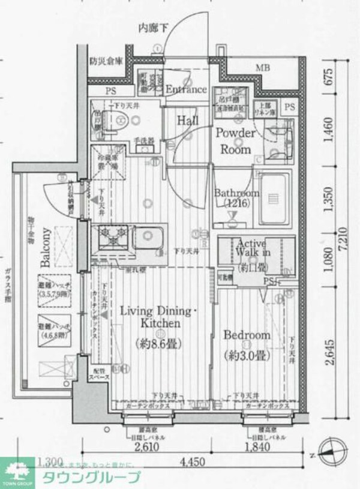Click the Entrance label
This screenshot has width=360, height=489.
(x=185, y=89)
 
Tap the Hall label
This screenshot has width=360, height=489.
(x=188, y=121)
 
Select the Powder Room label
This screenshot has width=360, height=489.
(x=235, y=140)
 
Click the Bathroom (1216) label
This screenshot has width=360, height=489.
(x=237, y=198)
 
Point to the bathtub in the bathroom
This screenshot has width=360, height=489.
(x=274, y=196)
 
